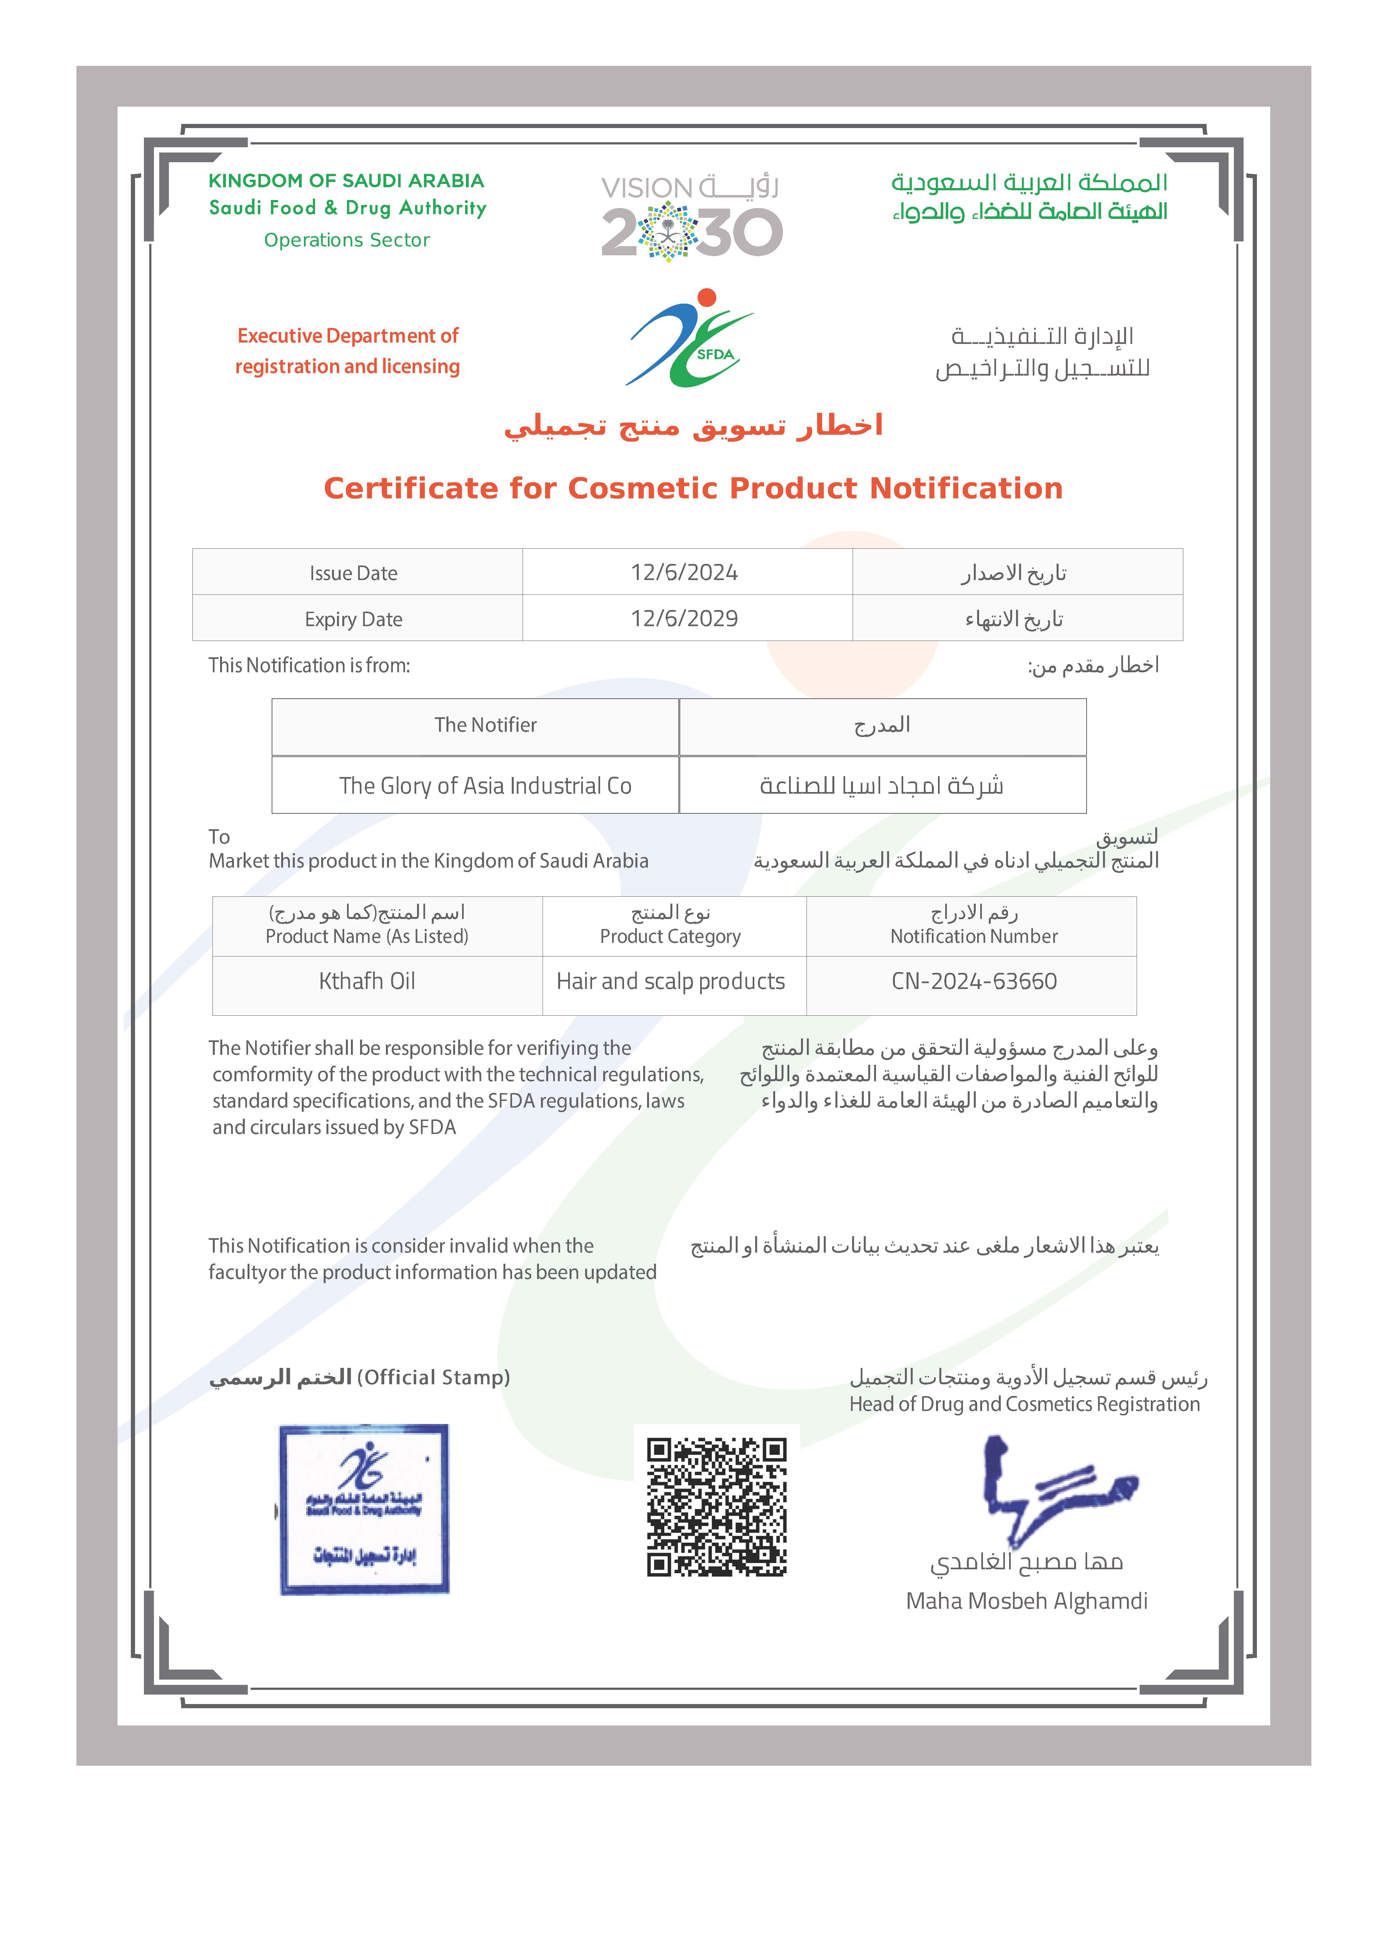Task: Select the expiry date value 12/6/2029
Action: pyautogui.click(x=684, y=618)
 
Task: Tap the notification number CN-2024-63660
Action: pyautogui.click(x=974, y=982)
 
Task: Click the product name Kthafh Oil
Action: pyautogui.click(x=367, y=982)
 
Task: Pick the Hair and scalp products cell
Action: pyautogui.click(x=670, y=982)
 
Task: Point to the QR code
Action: pyautogui.click(x=716, y=1507)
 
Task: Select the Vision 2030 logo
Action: pyautogui.click(x=691, y=218)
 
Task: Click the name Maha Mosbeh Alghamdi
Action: pyautogui.click(x=1027, y=1601)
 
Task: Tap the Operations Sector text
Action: pyautogui.click(x=347, y=240)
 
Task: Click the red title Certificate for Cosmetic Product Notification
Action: pyautogui.click(x=693, y=488)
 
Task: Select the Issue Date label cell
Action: pyautogui.click(x=353, y=573)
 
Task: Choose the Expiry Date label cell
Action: pyautogui.click(x=353, y=619)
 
